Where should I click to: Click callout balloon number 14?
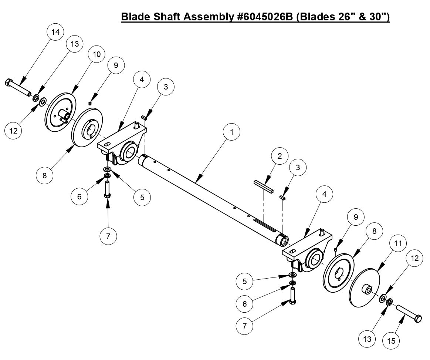coord(55,32)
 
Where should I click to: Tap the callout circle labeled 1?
coord(232,132)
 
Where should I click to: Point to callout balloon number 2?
coord(280,156)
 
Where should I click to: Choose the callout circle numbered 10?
coord(97,54)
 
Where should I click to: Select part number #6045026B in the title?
coord(263,17)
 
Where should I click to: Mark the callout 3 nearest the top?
coord(165,87)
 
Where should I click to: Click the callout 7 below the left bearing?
coord(108,236)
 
